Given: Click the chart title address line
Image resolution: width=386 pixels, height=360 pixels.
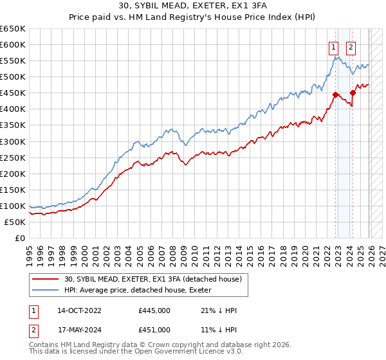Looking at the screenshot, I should click(192, 4).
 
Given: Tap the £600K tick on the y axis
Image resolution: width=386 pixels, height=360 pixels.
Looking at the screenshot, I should click(13, 44).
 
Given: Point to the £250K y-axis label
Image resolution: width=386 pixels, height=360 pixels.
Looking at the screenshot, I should click(13, 157).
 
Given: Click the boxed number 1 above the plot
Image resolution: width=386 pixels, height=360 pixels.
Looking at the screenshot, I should click(335, 46).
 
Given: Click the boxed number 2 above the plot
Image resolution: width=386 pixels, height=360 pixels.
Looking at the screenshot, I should click(351, 46).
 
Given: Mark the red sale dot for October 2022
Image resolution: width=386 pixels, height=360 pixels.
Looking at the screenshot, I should click(336, 94).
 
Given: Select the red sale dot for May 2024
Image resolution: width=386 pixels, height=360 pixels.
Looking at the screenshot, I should click(353, 93).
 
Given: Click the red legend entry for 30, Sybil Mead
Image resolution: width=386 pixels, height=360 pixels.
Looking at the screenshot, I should click(153, 279).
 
